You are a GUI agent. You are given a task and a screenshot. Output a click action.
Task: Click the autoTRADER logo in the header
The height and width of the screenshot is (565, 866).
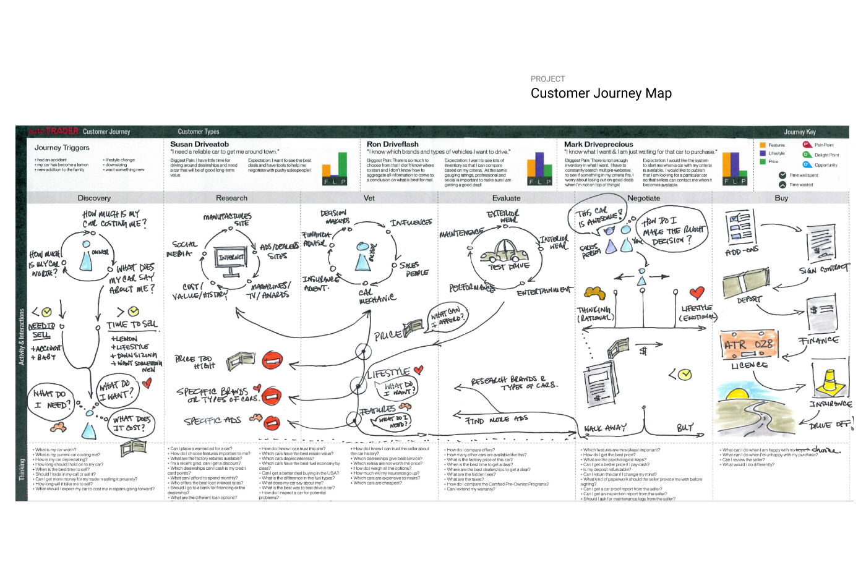pos(54,131)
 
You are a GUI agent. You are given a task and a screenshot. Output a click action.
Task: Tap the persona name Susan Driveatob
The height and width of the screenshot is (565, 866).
pos(200,144)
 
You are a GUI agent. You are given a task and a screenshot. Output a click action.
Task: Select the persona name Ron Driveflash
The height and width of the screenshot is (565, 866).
pos(392,144)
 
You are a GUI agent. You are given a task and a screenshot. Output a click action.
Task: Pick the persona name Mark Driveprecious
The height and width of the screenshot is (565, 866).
pos(598,144)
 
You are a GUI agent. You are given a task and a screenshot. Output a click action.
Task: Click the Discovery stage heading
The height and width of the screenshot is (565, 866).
pos(94,198)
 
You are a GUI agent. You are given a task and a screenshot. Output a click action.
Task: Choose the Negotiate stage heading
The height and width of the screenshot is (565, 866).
pos(644,198)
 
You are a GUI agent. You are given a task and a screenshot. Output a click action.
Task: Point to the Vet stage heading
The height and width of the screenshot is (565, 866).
pos(369,198)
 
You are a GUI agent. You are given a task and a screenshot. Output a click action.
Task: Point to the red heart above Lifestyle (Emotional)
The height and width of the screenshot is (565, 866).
pos(697,292)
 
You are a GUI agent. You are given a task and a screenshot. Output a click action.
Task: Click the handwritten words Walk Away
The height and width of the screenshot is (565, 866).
pos(605,428)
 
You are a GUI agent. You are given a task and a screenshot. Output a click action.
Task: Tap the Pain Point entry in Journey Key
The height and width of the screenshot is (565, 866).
pos(823,145)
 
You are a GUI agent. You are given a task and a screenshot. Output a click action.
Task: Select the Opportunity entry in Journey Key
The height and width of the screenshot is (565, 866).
pos(825,165)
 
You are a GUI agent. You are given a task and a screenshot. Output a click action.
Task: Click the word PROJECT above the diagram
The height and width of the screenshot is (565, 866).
pos(547,79)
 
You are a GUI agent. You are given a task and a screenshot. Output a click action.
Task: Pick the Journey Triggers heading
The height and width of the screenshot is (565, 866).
pos(62,148)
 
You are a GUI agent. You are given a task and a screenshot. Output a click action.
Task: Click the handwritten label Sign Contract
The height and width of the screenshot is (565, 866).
pos(823,270)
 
